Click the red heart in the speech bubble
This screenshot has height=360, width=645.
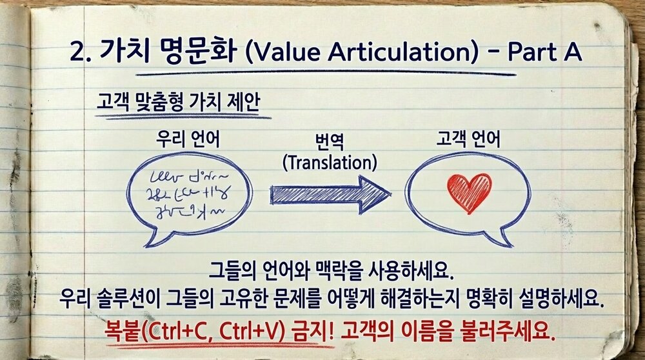tap(469, 191)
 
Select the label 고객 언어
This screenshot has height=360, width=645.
tap(462, 139)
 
